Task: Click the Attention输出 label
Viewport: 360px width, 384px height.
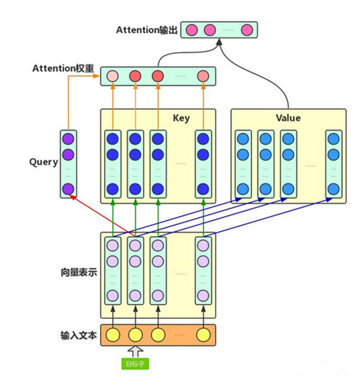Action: point(147,30)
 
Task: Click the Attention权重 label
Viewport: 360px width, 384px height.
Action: point(64,68)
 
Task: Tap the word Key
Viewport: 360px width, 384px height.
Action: point(181,118)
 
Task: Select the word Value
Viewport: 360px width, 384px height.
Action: point(288,118)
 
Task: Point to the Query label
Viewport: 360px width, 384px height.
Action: point(44,162)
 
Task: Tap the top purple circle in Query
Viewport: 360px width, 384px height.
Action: point(68,138)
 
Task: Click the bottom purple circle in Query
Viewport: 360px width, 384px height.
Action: point(68,189)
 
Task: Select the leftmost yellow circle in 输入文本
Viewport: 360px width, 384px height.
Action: point(112,334)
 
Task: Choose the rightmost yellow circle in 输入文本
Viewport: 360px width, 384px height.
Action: point(203,334)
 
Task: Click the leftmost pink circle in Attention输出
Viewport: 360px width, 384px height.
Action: point(192,30)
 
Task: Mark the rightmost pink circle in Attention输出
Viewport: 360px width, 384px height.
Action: point(247,30)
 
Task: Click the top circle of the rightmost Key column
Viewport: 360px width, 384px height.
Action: point(203,138)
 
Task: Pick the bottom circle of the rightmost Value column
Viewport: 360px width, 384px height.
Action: point(333,189)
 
